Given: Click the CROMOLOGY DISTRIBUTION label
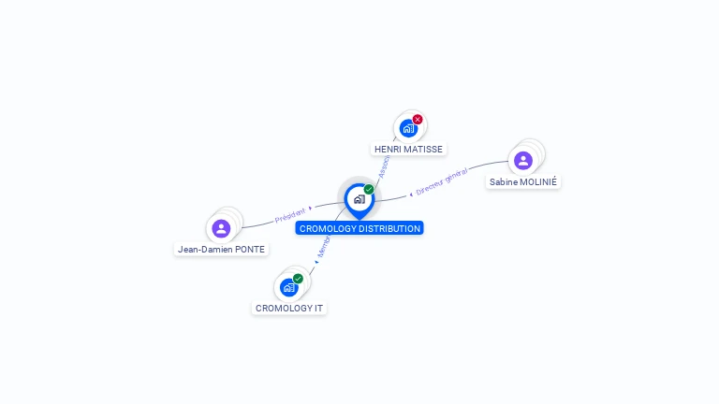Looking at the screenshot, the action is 359,228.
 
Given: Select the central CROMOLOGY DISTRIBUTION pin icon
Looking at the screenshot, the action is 359,198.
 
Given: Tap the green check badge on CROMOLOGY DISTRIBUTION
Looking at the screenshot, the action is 369,189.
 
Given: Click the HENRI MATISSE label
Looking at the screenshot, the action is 408,149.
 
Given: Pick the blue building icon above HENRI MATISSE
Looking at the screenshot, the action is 408,128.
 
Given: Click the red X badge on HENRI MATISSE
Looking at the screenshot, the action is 418,119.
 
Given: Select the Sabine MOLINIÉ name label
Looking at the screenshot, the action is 523,181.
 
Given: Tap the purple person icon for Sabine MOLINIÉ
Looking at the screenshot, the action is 523,160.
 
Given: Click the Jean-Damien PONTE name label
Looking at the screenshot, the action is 222,250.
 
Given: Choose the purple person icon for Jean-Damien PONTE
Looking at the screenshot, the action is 221,228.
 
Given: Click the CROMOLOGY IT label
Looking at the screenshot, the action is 289,308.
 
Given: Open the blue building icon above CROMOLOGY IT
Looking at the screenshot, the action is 288,287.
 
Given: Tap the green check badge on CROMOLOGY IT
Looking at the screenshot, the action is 298,278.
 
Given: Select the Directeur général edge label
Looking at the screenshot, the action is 441,181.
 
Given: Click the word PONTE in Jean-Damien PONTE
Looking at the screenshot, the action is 250,250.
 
